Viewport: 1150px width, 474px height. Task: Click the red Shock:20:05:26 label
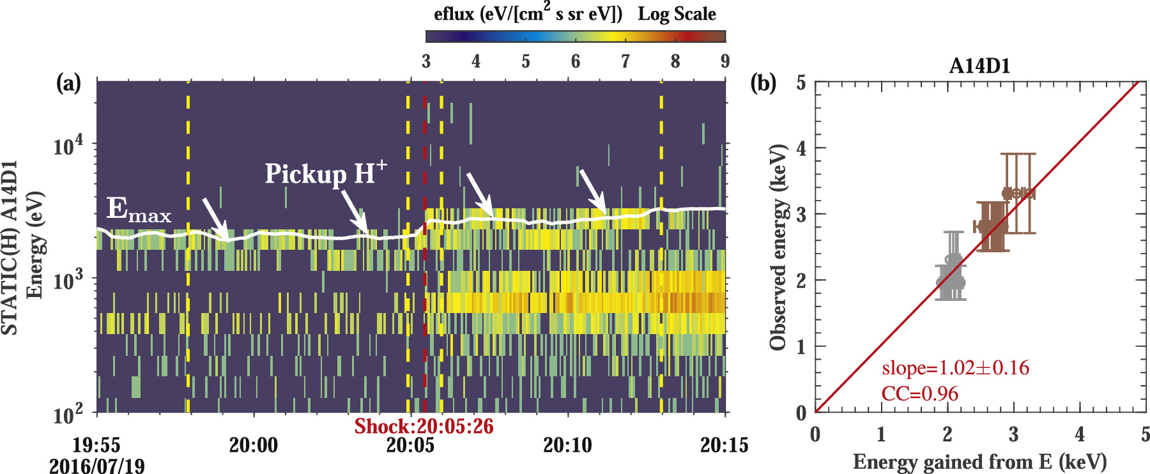pyautogui.click(x=424, y=426)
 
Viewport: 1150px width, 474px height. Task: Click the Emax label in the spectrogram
pyautogui.click(x=139, y=210)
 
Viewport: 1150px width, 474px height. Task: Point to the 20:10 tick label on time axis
pyautogui.click(x=567, y=445)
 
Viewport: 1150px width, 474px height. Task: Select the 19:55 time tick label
pyautogui.click(x=96, y=445)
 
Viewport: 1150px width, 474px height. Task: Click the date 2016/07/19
pyautogui.click(x=96, y=466)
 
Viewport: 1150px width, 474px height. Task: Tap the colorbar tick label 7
pyautogui.click(x=625, y=61)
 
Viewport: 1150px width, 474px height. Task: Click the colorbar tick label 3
pyautogui.click(x=426, y=61)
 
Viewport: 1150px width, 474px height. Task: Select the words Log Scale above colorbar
pyautogui.click(x=677, y=14)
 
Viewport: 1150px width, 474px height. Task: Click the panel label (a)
pyautogui.click(x=68, y=82)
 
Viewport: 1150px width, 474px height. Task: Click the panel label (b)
pyautogui.click(x=763, y=82)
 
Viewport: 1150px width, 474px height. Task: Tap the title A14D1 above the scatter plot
pyautogui.click(x=979, y=66)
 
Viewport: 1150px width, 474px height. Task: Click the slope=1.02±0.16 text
pyautogui.click(x=955, y=368)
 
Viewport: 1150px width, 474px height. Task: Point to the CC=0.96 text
pyautogui.click(x=919, y=394)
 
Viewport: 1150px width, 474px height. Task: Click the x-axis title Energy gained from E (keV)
pyautogui.click(x=979, y=461)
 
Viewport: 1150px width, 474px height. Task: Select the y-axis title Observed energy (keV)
pyautogui.click(x=778, y=247)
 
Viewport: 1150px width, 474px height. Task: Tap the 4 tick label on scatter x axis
pyautogui.click(x=1080, y=435)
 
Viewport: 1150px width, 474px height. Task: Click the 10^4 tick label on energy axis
pyautogui.click(x=68, y=146)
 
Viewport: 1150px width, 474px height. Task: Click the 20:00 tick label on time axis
pyautogui.click(x=254, y=445)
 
